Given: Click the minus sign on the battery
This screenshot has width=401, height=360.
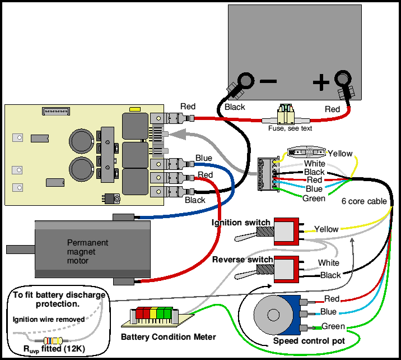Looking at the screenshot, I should (268, 81).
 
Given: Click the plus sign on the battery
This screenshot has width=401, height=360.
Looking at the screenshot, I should (320, 83).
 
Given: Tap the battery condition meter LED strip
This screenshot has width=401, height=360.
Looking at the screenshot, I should (152, 314).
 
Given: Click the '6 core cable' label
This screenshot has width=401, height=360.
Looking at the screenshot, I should (365, 201).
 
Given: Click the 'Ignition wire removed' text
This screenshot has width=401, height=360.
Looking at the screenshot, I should (49, 320).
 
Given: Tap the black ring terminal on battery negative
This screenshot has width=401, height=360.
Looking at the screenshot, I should (244, 81).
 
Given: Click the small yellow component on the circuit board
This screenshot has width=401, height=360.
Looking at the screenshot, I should (134, 109).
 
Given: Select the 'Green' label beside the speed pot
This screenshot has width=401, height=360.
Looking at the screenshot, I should (333, 326).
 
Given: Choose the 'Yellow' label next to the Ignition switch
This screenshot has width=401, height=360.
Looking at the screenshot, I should (327, 229).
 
